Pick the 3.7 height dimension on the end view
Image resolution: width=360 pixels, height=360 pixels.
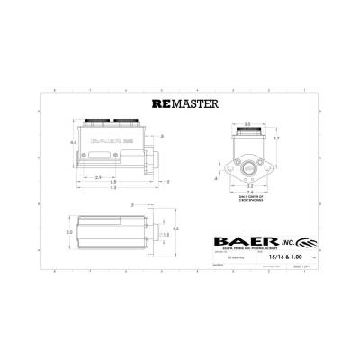(277, 138)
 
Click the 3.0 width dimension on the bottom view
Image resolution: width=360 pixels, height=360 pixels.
(67, 231)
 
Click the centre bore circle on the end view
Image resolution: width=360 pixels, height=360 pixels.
(247, 166)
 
